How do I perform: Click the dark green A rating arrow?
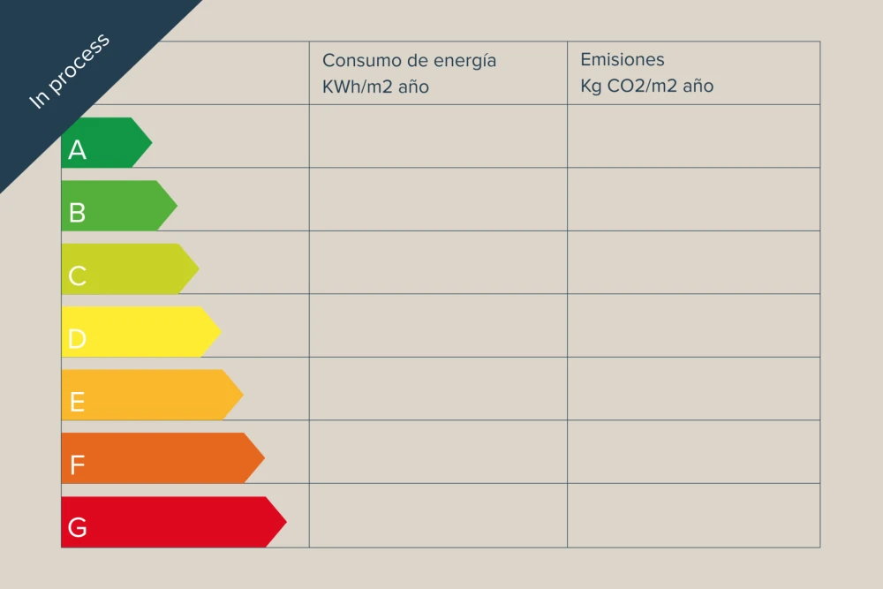click(107, 142)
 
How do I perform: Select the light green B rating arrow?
click(119, 206)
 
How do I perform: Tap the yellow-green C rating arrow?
click(130, 268)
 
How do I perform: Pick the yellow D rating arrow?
click(140, 332)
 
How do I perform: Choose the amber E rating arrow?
click(152, 395)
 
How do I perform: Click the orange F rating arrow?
click(162, 457)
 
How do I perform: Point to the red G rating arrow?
click(174, 521)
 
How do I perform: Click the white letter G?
click(77, 527)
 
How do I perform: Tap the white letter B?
click(77, 213)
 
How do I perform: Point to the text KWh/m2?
click(358, 87)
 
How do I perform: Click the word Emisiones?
click(623, 59)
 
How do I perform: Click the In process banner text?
click(69, 71)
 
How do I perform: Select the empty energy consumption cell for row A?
click(438, 136)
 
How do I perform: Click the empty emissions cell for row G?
click(694, 515)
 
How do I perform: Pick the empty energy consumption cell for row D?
click(438, 326)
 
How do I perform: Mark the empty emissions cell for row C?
click(694, 262)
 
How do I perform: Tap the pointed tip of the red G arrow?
click(287, 521)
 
